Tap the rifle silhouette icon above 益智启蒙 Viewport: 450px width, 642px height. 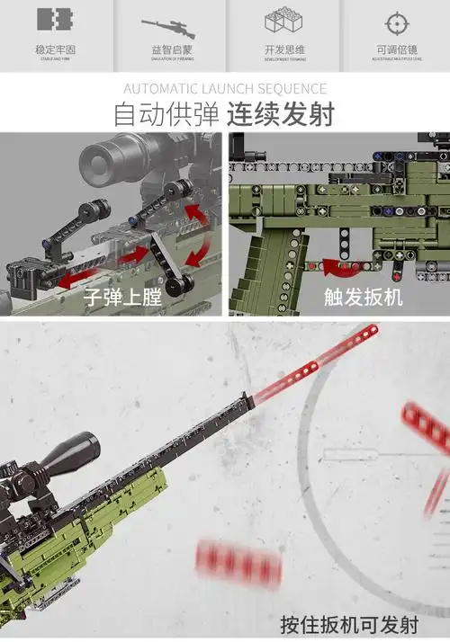pyautogui.click(x=168, y=26)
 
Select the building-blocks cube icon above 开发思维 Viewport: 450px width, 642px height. pyautogui.click(x=282, y=23)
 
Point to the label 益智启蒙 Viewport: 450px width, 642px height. pyautogui.click(x=168, y=49)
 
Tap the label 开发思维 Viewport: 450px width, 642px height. pyautogui.click(x=282, y=49)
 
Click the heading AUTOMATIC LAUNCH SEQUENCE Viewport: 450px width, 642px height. pyautogui.click(x=224, y=89)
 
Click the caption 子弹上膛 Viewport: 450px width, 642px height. pyautogui.click(x=122, y=297)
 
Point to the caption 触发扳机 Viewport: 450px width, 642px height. pyautogui.click(x=363, y=297)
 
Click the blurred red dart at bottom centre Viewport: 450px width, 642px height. pyautogui.click(x=238, y=564)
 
